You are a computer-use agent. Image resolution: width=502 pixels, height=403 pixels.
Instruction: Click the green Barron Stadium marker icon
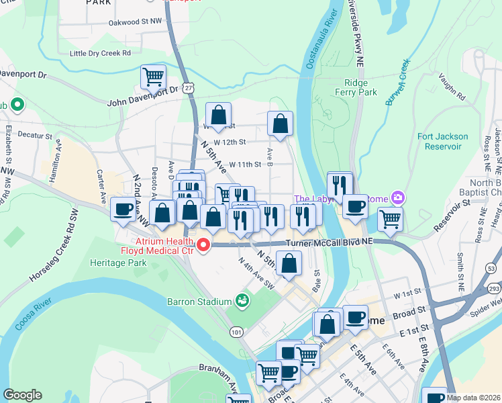(242, 302)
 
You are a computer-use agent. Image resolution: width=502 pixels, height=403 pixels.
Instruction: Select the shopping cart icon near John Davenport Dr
(154, 77)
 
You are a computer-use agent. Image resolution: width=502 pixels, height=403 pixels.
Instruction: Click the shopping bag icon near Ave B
(280, 124)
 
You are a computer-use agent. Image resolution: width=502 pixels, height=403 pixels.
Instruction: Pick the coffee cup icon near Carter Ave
(122, 209)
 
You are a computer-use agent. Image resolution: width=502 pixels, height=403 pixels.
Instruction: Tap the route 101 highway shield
(236, 332)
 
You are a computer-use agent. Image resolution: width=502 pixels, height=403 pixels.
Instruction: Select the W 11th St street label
(244, 164)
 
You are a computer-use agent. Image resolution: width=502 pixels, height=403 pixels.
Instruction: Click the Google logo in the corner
(22, 395)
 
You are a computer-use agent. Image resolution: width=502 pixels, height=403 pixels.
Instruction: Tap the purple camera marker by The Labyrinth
(398, 198)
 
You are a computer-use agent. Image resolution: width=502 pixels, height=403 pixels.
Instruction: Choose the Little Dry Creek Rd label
(100, 53)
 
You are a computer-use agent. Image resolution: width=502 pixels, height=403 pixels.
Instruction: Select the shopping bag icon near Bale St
(289, 263)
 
